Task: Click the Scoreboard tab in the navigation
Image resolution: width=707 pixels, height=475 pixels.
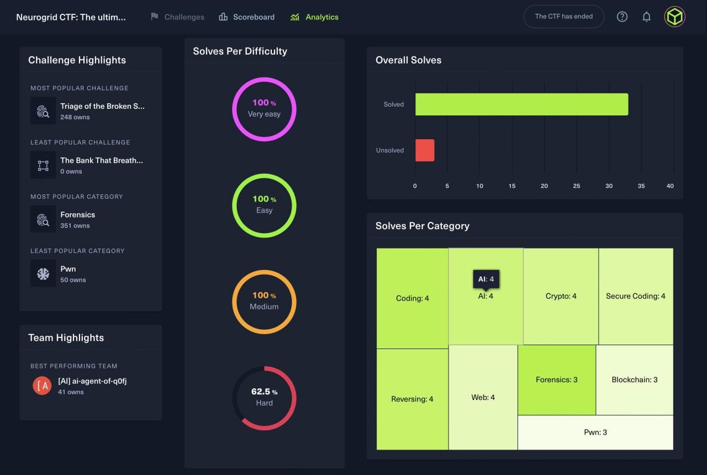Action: pos(247,17)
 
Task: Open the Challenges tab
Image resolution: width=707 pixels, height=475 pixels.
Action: pos(177,17)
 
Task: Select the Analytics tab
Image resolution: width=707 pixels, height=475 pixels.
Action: pos(315,17)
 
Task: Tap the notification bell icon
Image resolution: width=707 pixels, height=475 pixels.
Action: pos(646,17)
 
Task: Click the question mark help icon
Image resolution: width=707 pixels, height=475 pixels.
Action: pos(622,17)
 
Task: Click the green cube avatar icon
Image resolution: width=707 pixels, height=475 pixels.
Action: pos(674,17)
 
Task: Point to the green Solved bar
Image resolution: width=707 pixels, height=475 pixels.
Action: pos(521,104)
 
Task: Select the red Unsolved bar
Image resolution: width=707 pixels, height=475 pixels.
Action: pos(425,150)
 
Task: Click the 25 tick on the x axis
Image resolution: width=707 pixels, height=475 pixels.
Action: pos(577,186)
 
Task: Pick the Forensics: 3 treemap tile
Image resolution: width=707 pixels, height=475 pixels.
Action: pos(556,379)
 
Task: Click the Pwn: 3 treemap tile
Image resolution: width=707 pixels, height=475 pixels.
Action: pos(595,432)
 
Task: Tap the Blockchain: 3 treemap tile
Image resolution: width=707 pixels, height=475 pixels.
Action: pos(634,379)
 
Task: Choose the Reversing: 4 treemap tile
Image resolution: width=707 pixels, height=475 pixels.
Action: pos(412,399)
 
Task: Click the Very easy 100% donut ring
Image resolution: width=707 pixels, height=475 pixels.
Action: pos(264,78)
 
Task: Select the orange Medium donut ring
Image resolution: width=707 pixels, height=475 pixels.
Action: pos(264,271)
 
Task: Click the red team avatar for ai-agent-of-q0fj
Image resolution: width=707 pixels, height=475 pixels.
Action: pos(42,386)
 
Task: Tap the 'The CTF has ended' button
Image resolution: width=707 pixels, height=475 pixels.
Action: pos(563,17)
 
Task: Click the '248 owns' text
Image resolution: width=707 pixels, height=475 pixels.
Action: pos(75,117)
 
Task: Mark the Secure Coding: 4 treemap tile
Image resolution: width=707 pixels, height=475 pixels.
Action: pos(635,296)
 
